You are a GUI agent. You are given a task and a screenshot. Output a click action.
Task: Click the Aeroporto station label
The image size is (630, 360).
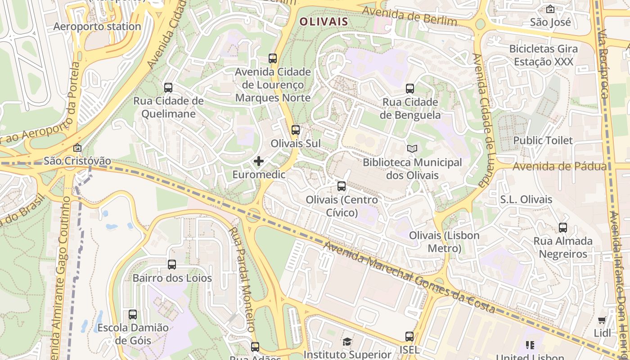click(97, 27)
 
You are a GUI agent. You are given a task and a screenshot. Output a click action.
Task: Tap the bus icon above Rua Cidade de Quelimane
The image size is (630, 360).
click(168, 88)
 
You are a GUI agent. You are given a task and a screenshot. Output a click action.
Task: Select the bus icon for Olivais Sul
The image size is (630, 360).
click(296, 130)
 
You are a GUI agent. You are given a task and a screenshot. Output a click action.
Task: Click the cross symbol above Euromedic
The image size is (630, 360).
click(259, 161)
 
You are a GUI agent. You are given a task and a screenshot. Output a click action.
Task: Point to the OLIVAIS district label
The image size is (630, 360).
click(324, 22)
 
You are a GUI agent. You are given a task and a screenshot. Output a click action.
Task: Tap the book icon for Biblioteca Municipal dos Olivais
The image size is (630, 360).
click(412, 148)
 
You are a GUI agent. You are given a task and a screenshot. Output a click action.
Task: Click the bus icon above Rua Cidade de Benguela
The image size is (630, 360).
click(410, 89)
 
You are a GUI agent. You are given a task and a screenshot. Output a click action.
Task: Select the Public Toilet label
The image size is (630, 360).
click(543, 140)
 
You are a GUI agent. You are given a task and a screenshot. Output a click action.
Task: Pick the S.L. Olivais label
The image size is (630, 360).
click(526, 199)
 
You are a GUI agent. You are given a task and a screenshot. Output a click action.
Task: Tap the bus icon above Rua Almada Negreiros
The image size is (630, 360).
click(563, 228)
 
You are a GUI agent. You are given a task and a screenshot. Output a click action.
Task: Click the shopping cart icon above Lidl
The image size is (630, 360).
click(602, 320)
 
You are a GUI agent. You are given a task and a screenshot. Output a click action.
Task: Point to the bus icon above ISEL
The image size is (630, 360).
click(409, 336)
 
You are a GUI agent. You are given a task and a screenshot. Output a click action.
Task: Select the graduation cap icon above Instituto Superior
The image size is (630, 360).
click(347, 342)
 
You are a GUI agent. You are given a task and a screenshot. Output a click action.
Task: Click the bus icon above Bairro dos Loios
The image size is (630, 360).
click(172, 265)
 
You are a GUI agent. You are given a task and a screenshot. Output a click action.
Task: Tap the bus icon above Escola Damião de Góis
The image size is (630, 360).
click(133, 314)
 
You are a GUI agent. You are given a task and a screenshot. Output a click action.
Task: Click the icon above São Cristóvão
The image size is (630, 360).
click(77, 148)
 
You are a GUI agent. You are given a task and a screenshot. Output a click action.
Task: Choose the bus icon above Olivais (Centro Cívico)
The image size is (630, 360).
click(342, 186)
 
